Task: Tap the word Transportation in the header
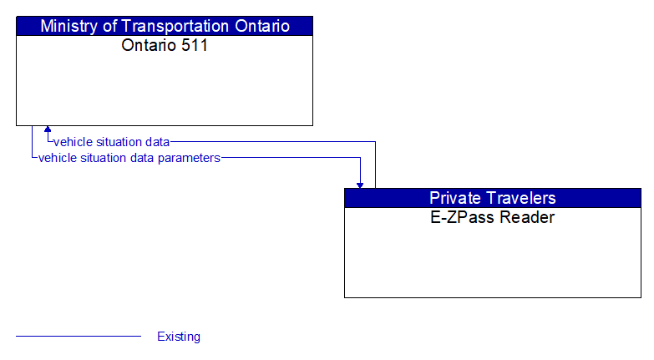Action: tap(174, 26)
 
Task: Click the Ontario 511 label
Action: tap(165, 45)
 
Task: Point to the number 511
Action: tap(193, 45)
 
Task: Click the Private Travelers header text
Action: tap(493, 198)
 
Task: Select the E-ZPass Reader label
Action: tap(493, 218)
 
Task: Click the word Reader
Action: tap(526, 218)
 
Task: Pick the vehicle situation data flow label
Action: tap(112, 142)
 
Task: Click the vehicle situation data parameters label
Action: tap(129, 157)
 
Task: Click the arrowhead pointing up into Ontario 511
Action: tap(48, 130)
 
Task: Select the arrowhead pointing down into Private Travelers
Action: tap(360, 184)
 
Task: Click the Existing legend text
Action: tap(179, 337)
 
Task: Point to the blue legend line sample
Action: tap(79, 337)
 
